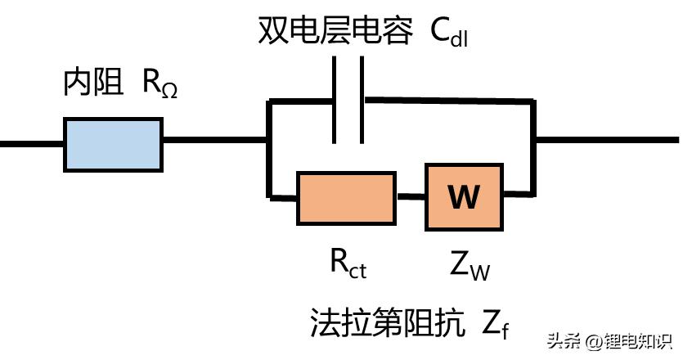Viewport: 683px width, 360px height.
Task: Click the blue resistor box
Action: pyautogui.click(x=113, y=144)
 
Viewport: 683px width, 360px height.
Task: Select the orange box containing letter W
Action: pyautogui.click(x=464, y=196)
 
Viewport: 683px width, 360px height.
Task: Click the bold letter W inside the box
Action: pyautogui.click(x=464, y=197)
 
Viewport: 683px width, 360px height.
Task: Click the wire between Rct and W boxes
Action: pyautogui.click(x=411, y=197)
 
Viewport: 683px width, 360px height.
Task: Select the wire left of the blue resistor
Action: pyautogui.click(x=31, y=144)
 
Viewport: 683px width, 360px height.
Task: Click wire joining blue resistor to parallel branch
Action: pyautogui.click(x=214, y=141)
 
